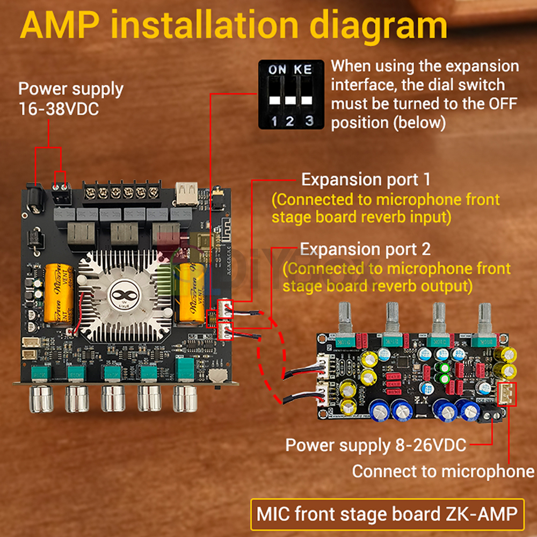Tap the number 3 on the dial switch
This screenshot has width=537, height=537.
(309, 120)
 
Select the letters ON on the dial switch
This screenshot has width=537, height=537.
(277, 69)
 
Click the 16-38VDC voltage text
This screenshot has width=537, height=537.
(59, 107)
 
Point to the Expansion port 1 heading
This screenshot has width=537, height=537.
(365, 179)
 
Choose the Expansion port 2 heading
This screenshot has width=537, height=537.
(365, 249)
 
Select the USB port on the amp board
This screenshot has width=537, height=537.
(186, 193)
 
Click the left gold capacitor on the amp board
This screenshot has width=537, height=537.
(59, 294)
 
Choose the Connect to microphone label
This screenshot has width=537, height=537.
(443, 471)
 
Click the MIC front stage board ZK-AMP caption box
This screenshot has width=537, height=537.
(387, 514)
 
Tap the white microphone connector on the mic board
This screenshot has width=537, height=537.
(506, 395)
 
